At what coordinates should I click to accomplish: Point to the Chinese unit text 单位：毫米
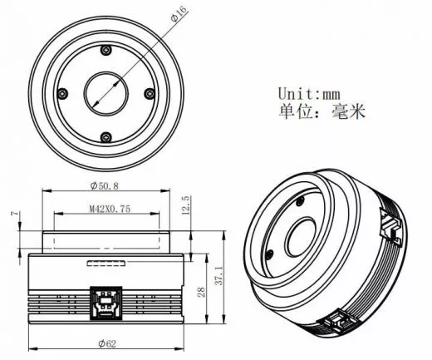(320, 110)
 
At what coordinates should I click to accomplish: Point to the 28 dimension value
(199, 292)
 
